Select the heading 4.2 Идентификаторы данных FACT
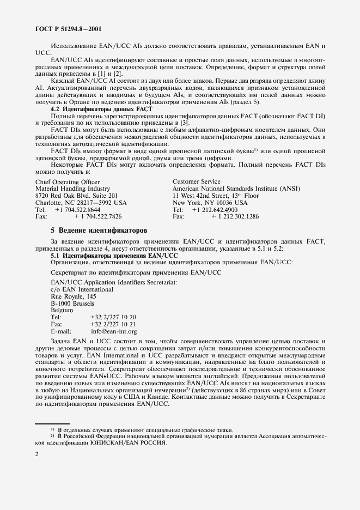101,110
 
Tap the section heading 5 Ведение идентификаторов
98,230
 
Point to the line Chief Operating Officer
67,181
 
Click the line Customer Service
197,181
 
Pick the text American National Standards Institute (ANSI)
236,189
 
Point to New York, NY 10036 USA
210,203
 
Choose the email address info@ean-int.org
114,331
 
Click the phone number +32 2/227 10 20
113,317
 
